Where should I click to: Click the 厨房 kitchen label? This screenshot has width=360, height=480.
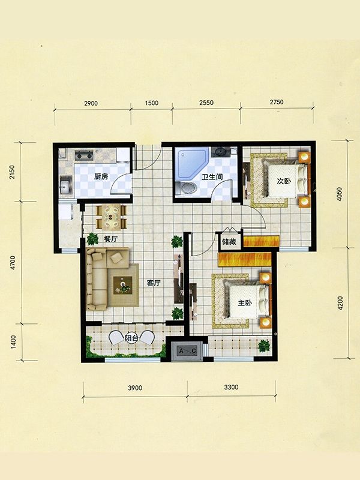pyautogui.click(x=101, y=176)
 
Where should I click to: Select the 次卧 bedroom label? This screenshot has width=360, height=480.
pyautogui.click(x=284, y=181)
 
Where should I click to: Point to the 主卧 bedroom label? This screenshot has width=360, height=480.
pyautogui.click(x=245, y=303)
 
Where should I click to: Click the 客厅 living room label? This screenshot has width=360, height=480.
pyautogui.click(x=154, y=283)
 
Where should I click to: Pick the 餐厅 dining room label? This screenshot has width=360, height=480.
pyautogui.click(x=110, y=239)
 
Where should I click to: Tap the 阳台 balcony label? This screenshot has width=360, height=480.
pyautogui.click(x=131, y=338)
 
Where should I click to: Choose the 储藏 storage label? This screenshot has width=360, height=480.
pyautogui.click(x=229, y=242)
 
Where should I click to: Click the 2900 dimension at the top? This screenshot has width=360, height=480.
pyautogui.click(x=91, y=103)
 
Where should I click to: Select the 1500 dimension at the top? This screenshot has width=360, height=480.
pyautogui.click(x=152, y=103)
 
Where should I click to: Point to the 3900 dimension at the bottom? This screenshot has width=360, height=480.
pyautogui.click(x=135, y=388)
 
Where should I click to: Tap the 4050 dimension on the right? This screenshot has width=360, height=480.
pyautogui.click(x=339, y=194)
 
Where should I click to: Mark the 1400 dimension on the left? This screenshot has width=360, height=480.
pyautogui.click(x=13, y=341)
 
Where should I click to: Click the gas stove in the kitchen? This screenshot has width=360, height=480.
pyautogui.click(x=84, y=155)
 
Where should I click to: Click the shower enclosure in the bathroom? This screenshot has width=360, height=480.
pyautogui.click(x=191, y=164)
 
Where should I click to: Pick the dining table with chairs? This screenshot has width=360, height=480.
pyautogui.click(x=112, y=217)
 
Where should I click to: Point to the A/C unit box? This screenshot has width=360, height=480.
pyautogui.click(x=187, y=351)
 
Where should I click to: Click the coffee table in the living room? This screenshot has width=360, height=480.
pyautogui.click(x=123, y=286)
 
